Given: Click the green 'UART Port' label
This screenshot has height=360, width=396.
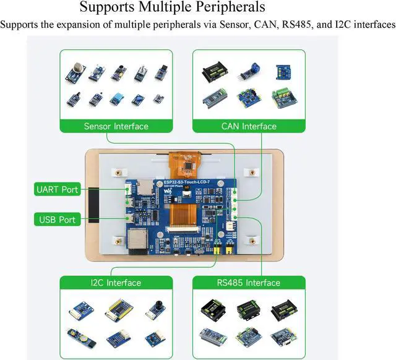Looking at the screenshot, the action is (x=58, y=189).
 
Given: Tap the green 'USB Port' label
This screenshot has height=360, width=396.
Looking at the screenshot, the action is (x=58, y=220).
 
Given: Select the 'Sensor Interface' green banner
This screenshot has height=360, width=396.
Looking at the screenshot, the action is (x=116, y=126).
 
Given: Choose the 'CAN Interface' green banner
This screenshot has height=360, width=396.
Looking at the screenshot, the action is (x=249, y=126).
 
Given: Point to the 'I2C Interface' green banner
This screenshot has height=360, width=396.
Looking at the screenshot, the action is (x=116, y=283).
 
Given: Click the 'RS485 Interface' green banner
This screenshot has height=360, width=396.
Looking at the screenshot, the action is (x=249, y=283).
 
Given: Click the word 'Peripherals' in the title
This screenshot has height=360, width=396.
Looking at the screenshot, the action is (x=224, y=8).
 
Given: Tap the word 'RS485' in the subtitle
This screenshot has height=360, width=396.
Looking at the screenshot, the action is (x=299, y=25).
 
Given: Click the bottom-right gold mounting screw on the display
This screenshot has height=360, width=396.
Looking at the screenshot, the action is (x=252, y=239).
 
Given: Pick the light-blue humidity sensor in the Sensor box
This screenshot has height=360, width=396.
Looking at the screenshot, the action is (x=118, y=98).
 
